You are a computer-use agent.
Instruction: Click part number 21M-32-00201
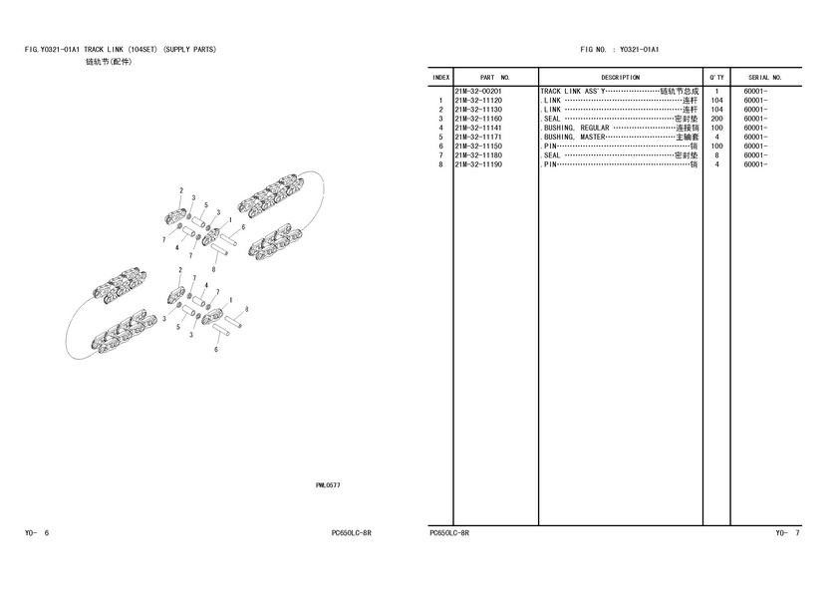478,92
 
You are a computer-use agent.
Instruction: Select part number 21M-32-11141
478,128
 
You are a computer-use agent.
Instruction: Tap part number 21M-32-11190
478,164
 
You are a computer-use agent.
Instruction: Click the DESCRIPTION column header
620,78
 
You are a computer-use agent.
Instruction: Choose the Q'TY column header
716,78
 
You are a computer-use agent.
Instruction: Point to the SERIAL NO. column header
765,78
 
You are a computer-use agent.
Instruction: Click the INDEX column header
441,78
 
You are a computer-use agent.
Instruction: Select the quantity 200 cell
716,119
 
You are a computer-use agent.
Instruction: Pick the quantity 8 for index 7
716,155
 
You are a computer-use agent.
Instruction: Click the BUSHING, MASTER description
575,138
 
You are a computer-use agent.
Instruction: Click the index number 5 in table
441,138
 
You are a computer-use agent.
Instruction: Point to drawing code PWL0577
328,485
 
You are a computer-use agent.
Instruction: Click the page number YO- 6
37,533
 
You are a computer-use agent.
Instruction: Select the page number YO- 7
787,533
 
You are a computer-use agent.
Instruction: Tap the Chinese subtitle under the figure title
109,62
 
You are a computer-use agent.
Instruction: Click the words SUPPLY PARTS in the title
190,50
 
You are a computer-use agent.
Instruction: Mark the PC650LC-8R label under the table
449,533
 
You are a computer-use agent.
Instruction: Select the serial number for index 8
755,164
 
